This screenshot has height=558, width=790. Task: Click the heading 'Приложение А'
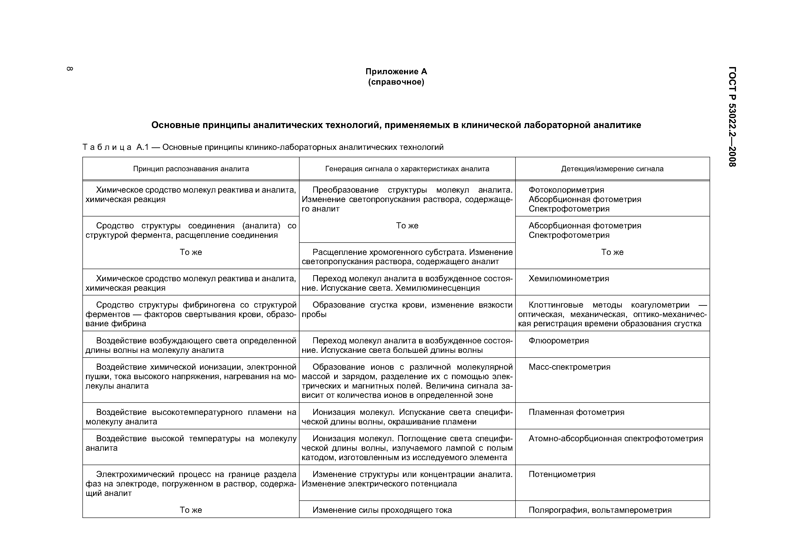point(396,72)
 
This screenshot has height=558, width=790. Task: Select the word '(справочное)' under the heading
point(396,82)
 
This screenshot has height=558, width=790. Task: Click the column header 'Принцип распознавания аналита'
point(191,169)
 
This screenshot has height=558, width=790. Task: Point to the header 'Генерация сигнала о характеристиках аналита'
point(407,169)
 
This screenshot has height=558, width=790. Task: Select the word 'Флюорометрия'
point(559,341)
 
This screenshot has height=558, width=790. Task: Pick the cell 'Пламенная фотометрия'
point(576,412)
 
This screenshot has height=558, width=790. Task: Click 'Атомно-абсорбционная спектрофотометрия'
point(615,439)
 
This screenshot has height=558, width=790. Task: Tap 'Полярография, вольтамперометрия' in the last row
point(600,510)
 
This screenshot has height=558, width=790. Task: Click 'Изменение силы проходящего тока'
point(382,510)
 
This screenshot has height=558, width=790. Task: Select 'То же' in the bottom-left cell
point(191,510)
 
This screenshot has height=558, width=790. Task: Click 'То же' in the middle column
point(407,226)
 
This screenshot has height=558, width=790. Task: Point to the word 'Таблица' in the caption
point(107,148)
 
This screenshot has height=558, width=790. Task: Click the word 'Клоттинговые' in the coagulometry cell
point(556,305)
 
